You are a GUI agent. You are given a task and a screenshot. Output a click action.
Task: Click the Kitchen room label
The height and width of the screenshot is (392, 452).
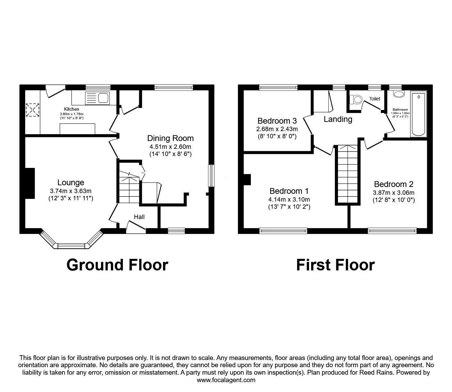71,109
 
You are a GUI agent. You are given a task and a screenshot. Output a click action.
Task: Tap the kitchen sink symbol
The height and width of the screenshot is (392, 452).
97,98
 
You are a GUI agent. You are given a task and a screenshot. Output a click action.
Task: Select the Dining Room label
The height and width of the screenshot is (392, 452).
170,138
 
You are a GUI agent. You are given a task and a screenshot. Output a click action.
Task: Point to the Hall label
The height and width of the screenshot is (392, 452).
139,217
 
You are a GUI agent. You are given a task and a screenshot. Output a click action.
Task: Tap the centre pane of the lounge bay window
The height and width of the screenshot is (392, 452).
71,246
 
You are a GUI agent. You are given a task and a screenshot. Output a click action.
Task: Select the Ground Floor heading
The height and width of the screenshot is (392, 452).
117,265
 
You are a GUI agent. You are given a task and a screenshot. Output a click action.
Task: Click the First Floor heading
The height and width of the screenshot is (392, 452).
335,265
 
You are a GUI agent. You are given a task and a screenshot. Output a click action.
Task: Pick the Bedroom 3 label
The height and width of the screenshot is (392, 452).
277,121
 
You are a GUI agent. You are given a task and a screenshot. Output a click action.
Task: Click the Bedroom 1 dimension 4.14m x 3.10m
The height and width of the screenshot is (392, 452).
290,200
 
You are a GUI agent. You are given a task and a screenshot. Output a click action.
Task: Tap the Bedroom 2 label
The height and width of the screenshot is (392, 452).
393,184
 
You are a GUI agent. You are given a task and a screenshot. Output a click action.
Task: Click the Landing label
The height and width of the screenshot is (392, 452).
338,119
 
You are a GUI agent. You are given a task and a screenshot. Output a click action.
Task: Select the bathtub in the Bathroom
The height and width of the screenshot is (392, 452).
419,114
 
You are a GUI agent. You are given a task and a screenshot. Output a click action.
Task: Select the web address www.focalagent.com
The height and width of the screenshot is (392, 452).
226,380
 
